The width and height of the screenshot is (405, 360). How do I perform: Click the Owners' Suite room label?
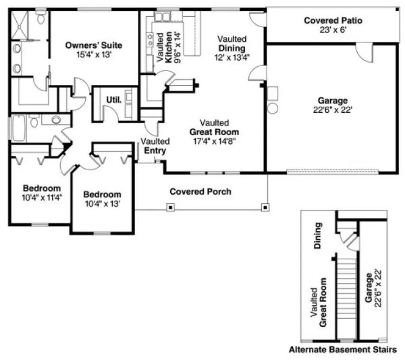(93, 44)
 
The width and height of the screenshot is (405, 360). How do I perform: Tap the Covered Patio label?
(332, 21)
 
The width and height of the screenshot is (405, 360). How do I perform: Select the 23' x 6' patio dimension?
(332, 30)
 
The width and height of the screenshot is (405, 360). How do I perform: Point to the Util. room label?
(113, 100)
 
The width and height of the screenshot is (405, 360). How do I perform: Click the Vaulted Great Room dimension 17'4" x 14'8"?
(214, 140)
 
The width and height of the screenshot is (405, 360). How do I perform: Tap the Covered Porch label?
(200, 191)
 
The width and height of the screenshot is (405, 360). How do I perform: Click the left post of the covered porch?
(170, 207)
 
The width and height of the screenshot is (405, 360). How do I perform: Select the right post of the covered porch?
(265, 207)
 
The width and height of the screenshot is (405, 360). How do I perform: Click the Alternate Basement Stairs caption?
(343, 349)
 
